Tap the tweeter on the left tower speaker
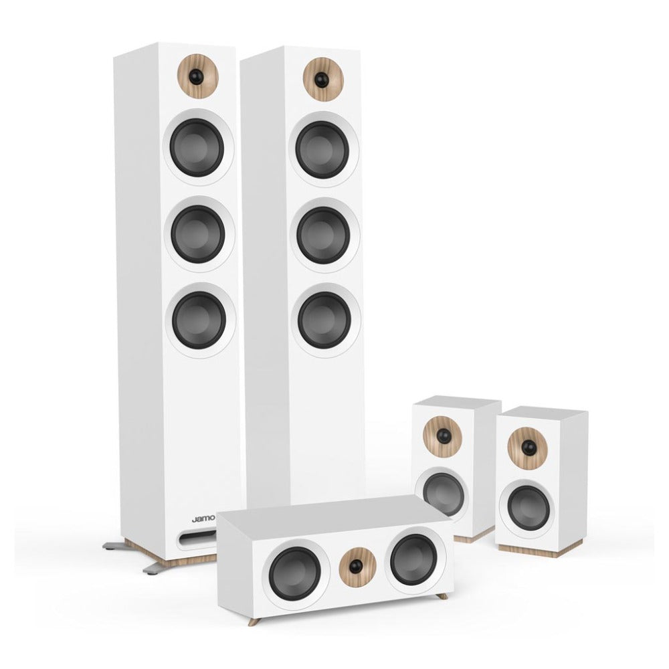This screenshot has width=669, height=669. click(x=198, y=76)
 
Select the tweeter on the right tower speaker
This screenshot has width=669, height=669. click(x=323, y=79)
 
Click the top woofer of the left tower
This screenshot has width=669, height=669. click(x=197, y=147)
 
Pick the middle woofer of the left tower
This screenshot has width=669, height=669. click(x=198, y=233)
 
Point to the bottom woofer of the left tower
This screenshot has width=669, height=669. click(x=199, y=320)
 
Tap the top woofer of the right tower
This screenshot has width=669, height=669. click(x=322, y=150)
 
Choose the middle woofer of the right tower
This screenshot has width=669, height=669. click(x=324, y=235)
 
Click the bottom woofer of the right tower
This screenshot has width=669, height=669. click(x=325, y=320)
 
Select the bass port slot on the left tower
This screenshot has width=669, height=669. click(x=197, y=538)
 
